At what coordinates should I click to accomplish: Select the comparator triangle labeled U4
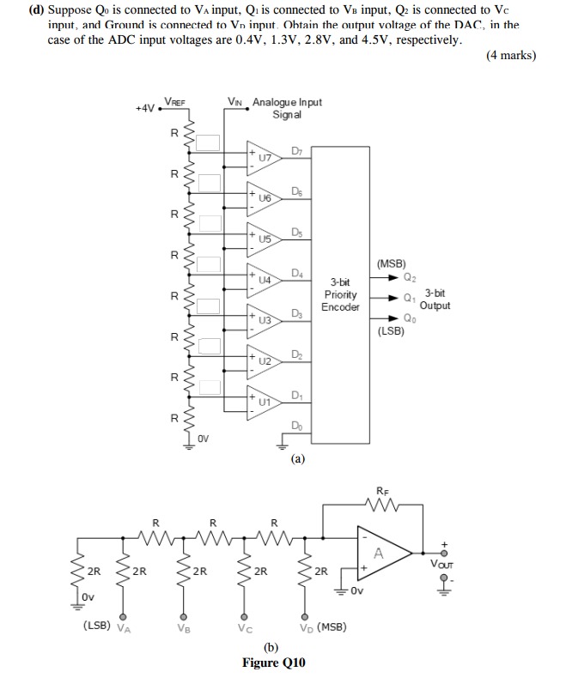coord(261,278)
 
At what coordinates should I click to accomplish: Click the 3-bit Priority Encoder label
coord(340,294)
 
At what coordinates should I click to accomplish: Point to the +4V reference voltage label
coord(145,108)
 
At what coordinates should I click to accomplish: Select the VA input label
coord(125,627)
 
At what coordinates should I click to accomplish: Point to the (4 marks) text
coord(510,56)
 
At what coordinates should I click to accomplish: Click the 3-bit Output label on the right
coord(435,300)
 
